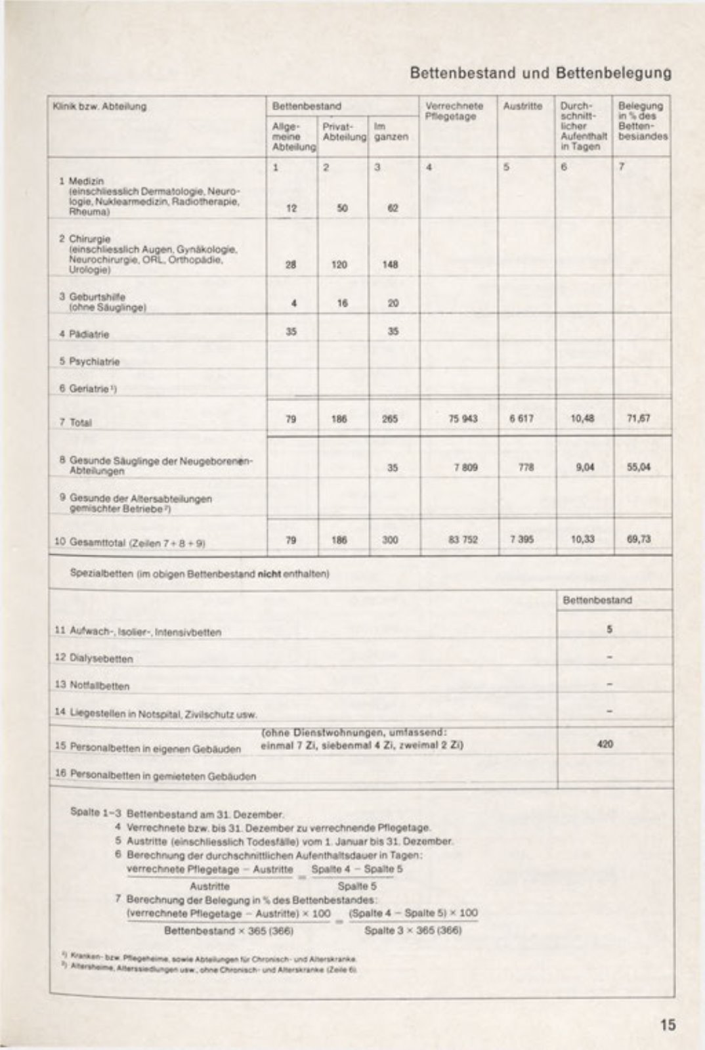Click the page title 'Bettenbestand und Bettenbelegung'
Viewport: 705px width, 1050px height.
click(x=540, y=73)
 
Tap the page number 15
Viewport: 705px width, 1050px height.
click(x=668, y=1024)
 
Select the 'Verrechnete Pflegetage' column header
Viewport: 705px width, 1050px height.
click(x=454, y=110)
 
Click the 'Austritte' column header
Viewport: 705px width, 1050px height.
click(x=523, y=106)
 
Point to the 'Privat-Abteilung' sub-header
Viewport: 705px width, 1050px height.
click(x=344, y=131)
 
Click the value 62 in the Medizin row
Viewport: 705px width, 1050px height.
click(x=393, y=208)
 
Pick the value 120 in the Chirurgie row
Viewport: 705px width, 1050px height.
click(x=342, y=265)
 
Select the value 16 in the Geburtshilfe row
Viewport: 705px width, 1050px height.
click(x=342, y=303)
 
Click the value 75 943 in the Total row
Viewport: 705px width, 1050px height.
click(x=463, y=419)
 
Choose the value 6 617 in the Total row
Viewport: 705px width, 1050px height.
click(x=522, y=419)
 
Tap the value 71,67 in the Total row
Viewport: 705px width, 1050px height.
click(x=638, y=419)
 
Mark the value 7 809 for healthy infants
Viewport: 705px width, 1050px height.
click(x=464, y=468)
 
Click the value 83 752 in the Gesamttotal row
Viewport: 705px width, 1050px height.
click(x=463, y=540)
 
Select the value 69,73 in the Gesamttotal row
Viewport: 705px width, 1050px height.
click(x=638, y=540)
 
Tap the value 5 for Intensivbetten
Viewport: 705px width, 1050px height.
click(x=609, y=629)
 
